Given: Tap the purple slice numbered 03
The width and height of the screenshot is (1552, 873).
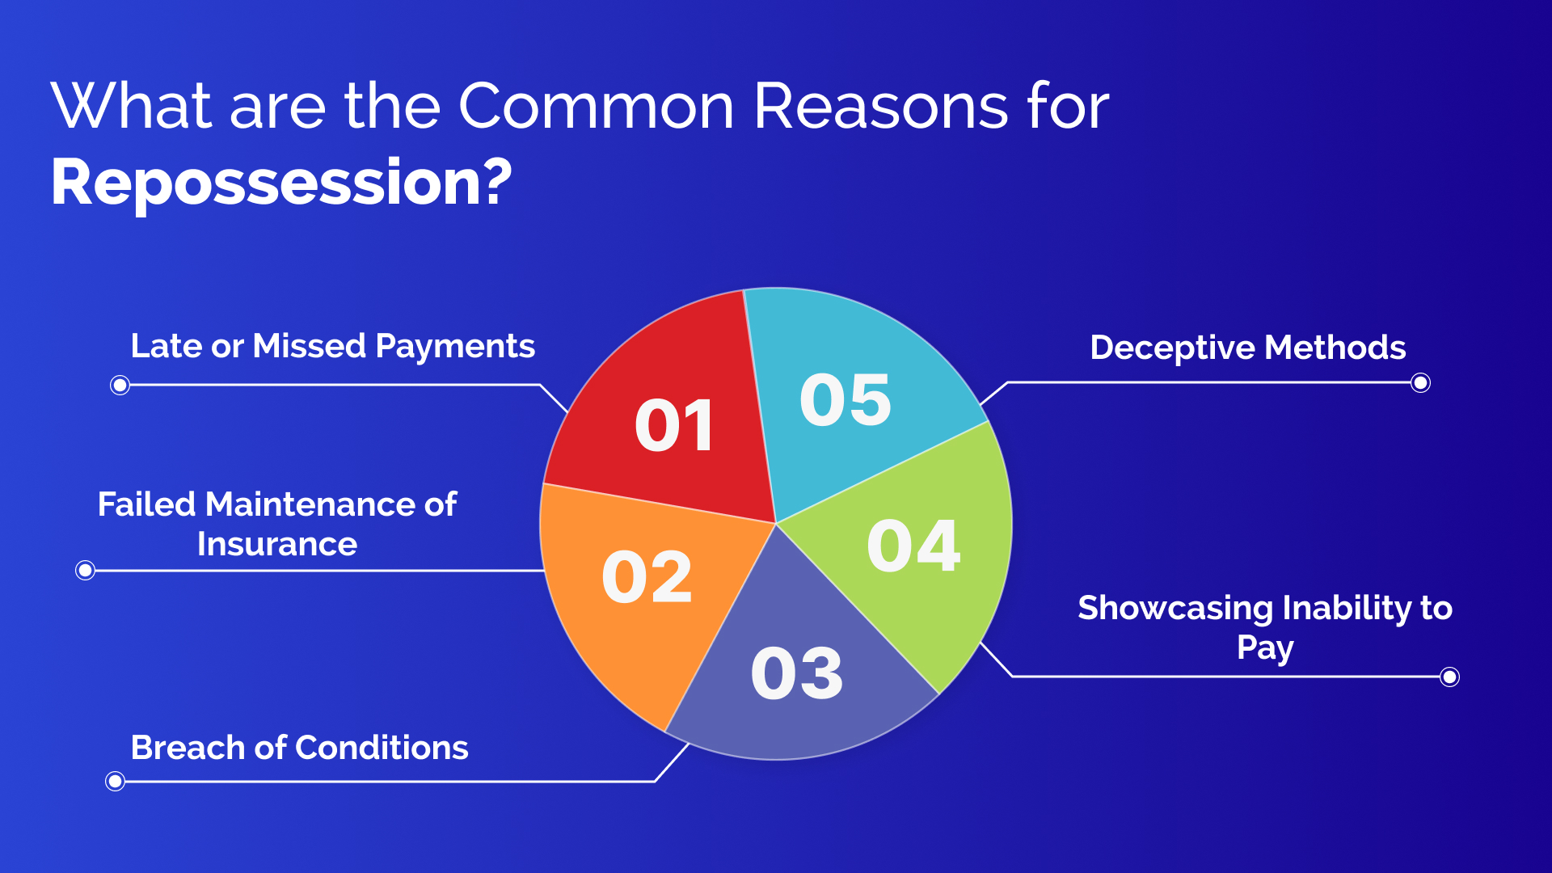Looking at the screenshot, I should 796,673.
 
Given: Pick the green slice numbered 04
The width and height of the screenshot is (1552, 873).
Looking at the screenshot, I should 913,546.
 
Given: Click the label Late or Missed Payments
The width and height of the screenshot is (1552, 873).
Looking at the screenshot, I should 332,346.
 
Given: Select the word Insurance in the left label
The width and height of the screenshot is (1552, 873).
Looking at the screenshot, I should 276,544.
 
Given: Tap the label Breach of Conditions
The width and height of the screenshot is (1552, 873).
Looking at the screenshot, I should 299,748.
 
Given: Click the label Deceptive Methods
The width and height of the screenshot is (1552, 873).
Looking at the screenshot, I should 1247,348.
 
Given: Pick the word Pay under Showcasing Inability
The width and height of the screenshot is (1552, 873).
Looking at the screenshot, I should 1265,648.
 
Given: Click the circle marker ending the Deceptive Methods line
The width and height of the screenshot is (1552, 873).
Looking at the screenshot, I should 1420,383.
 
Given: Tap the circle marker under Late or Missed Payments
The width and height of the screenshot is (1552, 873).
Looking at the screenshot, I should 120,385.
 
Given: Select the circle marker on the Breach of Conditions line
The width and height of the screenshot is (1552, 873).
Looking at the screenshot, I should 115,781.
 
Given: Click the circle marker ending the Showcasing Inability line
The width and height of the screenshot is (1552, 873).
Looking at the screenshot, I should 1449,677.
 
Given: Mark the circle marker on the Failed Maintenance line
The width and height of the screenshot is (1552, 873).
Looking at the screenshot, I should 85,571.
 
